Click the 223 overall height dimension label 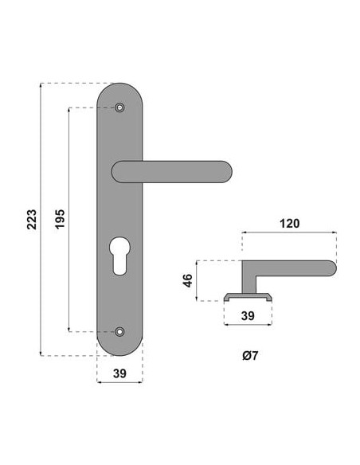click(32, 219)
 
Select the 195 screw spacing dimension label click(60, 219)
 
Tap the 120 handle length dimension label click(290, 223)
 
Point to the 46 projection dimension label click(188, 280)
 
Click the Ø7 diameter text click(250, 355)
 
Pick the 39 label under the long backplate click(119, 373)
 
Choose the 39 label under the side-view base click(248, 316)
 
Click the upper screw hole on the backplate click(119, 107)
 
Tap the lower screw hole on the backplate click(119, 331)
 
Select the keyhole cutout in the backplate click(119, 255)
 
